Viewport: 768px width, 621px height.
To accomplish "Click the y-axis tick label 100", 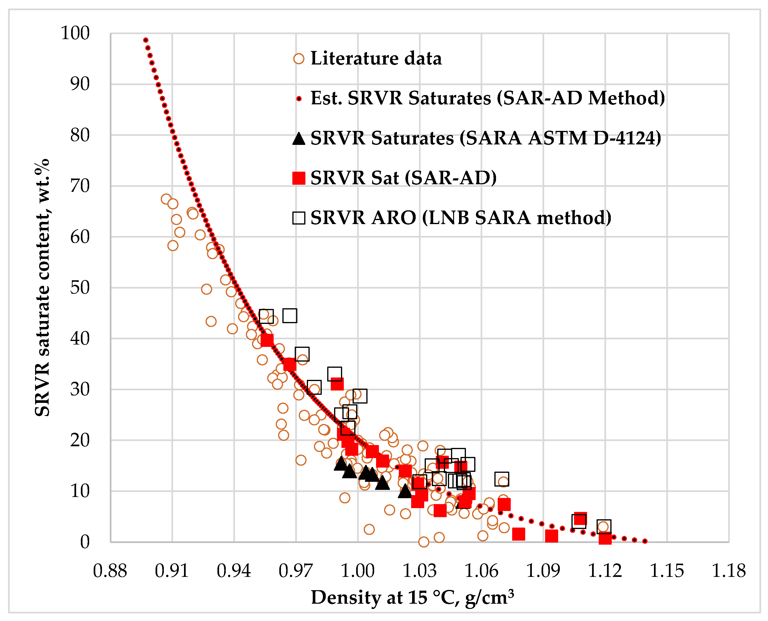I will (75, 33).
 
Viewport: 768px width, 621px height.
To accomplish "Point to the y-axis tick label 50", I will (80, 288).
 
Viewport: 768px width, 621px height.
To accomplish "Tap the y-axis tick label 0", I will (85, 542).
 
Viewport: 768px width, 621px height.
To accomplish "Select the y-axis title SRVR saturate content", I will (42, 288).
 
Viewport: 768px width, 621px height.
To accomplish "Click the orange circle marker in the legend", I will (299, 59).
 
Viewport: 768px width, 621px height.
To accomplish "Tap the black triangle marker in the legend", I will (299, 139).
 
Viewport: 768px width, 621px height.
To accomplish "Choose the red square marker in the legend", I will (299, 178).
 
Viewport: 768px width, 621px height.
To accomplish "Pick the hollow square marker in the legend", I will (299, 218).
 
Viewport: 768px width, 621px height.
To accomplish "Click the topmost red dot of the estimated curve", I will (146, 40).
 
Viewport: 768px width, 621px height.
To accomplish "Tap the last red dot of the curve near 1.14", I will (645, 541).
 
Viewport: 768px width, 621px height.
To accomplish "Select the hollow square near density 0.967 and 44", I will (290, 316).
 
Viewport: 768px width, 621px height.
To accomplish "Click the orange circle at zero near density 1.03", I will (423, 542).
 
